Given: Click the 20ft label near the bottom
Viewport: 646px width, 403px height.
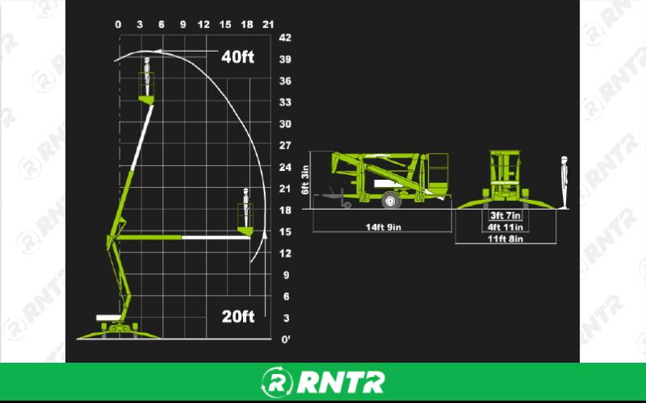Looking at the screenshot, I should (238, 317).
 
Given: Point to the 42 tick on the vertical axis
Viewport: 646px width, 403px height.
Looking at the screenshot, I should (284, 38).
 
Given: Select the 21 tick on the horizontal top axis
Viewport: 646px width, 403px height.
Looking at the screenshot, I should (268, 24).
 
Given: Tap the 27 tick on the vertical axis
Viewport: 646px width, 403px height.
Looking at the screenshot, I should (284, 146).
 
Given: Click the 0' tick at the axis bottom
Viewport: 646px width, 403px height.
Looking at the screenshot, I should (284, 339).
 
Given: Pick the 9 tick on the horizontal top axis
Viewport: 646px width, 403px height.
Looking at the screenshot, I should (182, 24).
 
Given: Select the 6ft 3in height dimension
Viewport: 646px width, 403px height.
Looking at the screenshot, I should (305, 180).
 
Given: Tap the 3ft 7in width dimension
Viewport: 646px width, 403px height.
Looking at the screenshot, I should (505, 216).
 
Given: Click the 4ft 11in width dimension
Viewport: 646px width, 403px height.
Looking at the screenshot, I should (505, 227).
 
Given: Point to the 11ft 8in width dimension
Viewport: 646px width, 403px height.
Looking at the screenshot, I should (505, 239).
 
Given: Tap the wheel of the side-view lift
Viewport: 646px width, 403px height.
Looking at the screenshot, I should (390, 201).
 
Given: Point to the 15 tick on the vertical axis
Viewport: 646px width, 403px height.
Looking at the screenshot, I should (284, 232).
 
